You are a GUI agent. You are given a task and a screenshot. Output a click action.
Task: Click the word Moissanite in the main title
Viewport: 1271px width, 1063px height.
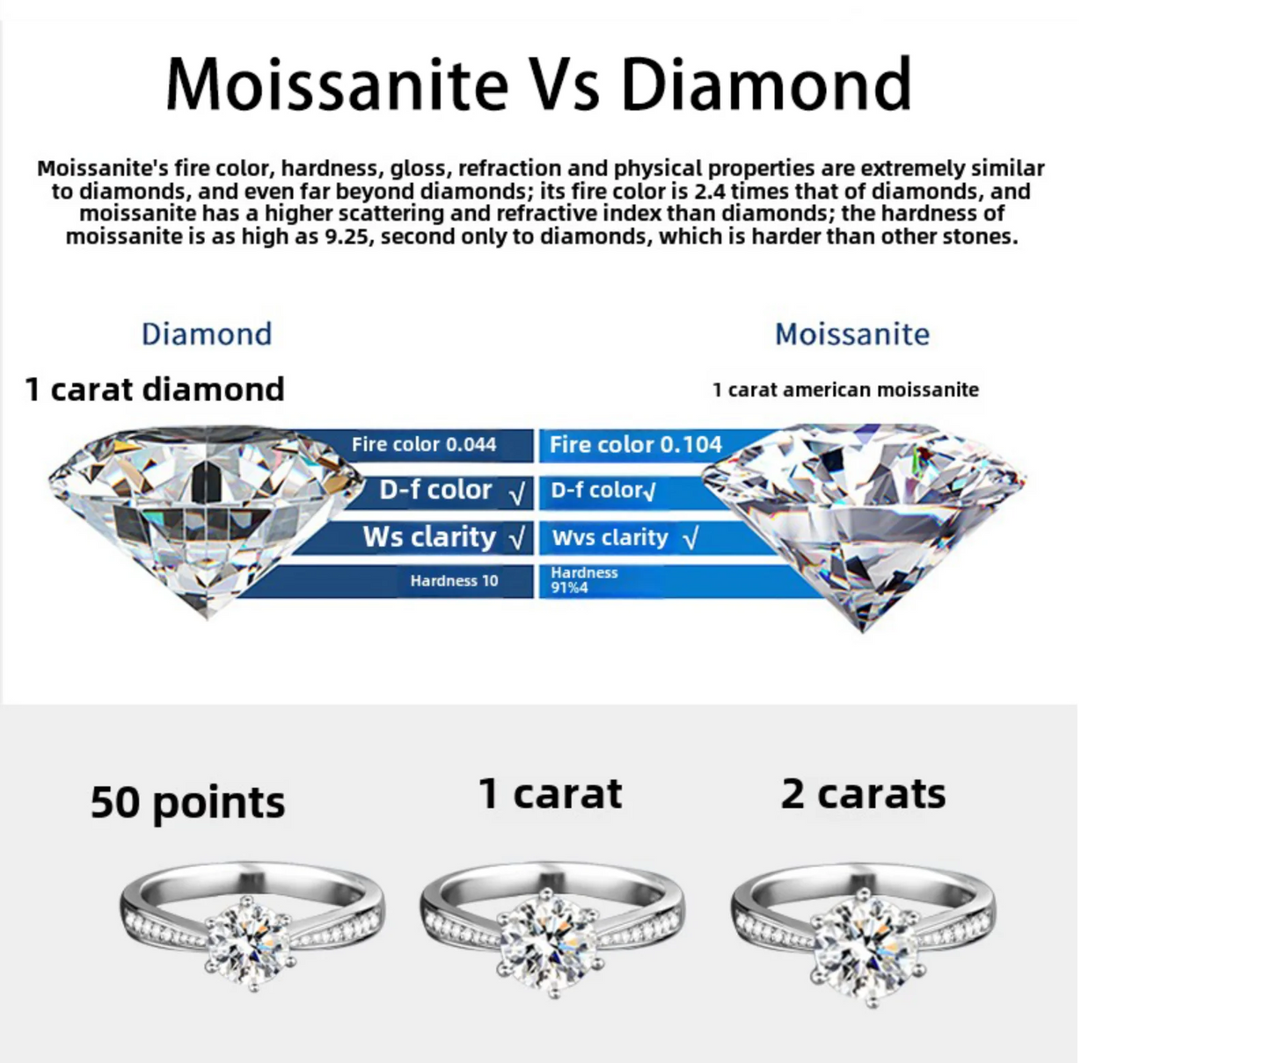coord(337,84)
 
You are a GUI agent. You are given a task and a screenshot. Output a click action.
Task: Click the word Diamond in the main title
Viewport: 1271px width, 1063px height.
coord(766,84)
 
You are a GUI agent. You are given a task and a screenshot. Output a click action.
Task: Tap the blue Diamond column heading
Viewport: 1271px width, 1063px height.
coord(207,334)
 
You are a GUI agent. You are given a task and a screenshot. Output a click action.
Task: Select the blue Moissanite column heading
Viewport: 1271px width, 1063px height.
coord(852,334)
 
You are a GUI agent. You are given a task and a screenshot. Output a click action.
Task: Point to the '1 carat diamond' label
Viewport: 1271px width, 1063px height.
coord(155,390)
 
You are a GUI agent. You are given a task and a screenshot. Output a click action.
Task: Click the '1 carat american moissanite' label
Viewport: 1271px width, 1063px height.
coord(845,390)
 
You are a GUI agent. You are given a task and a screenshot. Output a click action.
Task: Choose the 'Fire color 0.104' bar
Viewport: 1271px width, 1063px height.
coord(651,445)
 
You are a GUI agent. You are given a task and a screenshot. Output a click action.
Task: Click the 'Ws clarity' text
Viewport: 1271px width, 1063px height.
coord(430,537)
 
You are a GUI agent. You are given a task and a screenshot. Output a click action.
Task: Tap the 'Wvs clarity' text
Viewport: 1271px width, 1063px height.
coord(610,538)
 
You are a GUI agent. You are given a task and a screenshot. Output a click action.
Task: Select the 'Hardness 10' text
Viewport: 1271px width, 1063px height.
coord(454,581)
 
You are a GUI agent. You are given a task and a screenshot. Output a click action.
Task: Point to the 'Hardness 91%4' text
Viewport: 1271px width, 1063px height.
coord(584,580)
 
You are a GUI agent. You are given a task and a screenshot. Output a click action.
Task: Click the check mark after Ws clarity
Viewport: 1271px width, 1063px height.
coord(517,538)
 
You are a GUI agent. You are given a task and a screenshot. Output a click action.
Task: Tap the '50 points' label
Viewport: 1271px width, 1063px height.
coord(187,803)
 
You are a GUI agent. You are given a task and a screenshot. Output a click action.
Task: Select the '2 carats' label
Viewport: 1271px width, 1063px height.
coord(863,794)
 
